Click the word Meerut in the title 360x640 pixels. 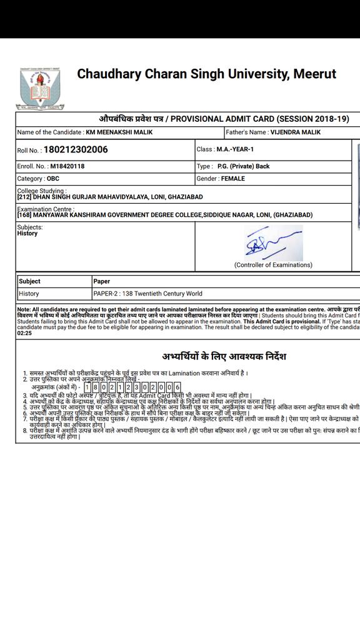point(314,74)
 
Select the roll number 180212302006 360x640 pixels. point(76,150)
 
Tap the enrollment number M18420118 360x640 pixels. point(67,166)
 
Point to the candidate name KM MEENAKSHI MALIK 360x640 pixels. point(119,132)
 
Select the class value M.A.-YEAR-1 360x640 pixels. point(235,149)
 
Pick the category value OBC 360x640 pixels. point(54,179)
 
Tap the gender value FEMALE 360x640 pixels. point(233,179)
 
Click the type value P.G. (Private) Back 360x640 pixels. point(244,166)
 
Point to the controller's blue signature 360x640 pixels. point(273,243)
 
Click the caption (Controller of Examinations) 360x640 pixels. point(273,265)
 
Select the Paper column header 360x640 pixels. point(102,281)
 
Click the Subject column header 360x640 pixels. point(30,281)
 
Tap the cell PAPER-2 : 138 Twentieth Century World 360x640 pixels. point(147,294)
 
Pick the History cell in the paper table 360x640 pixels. point(29,294)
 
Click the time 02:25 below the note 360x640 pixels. point(25,333)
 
